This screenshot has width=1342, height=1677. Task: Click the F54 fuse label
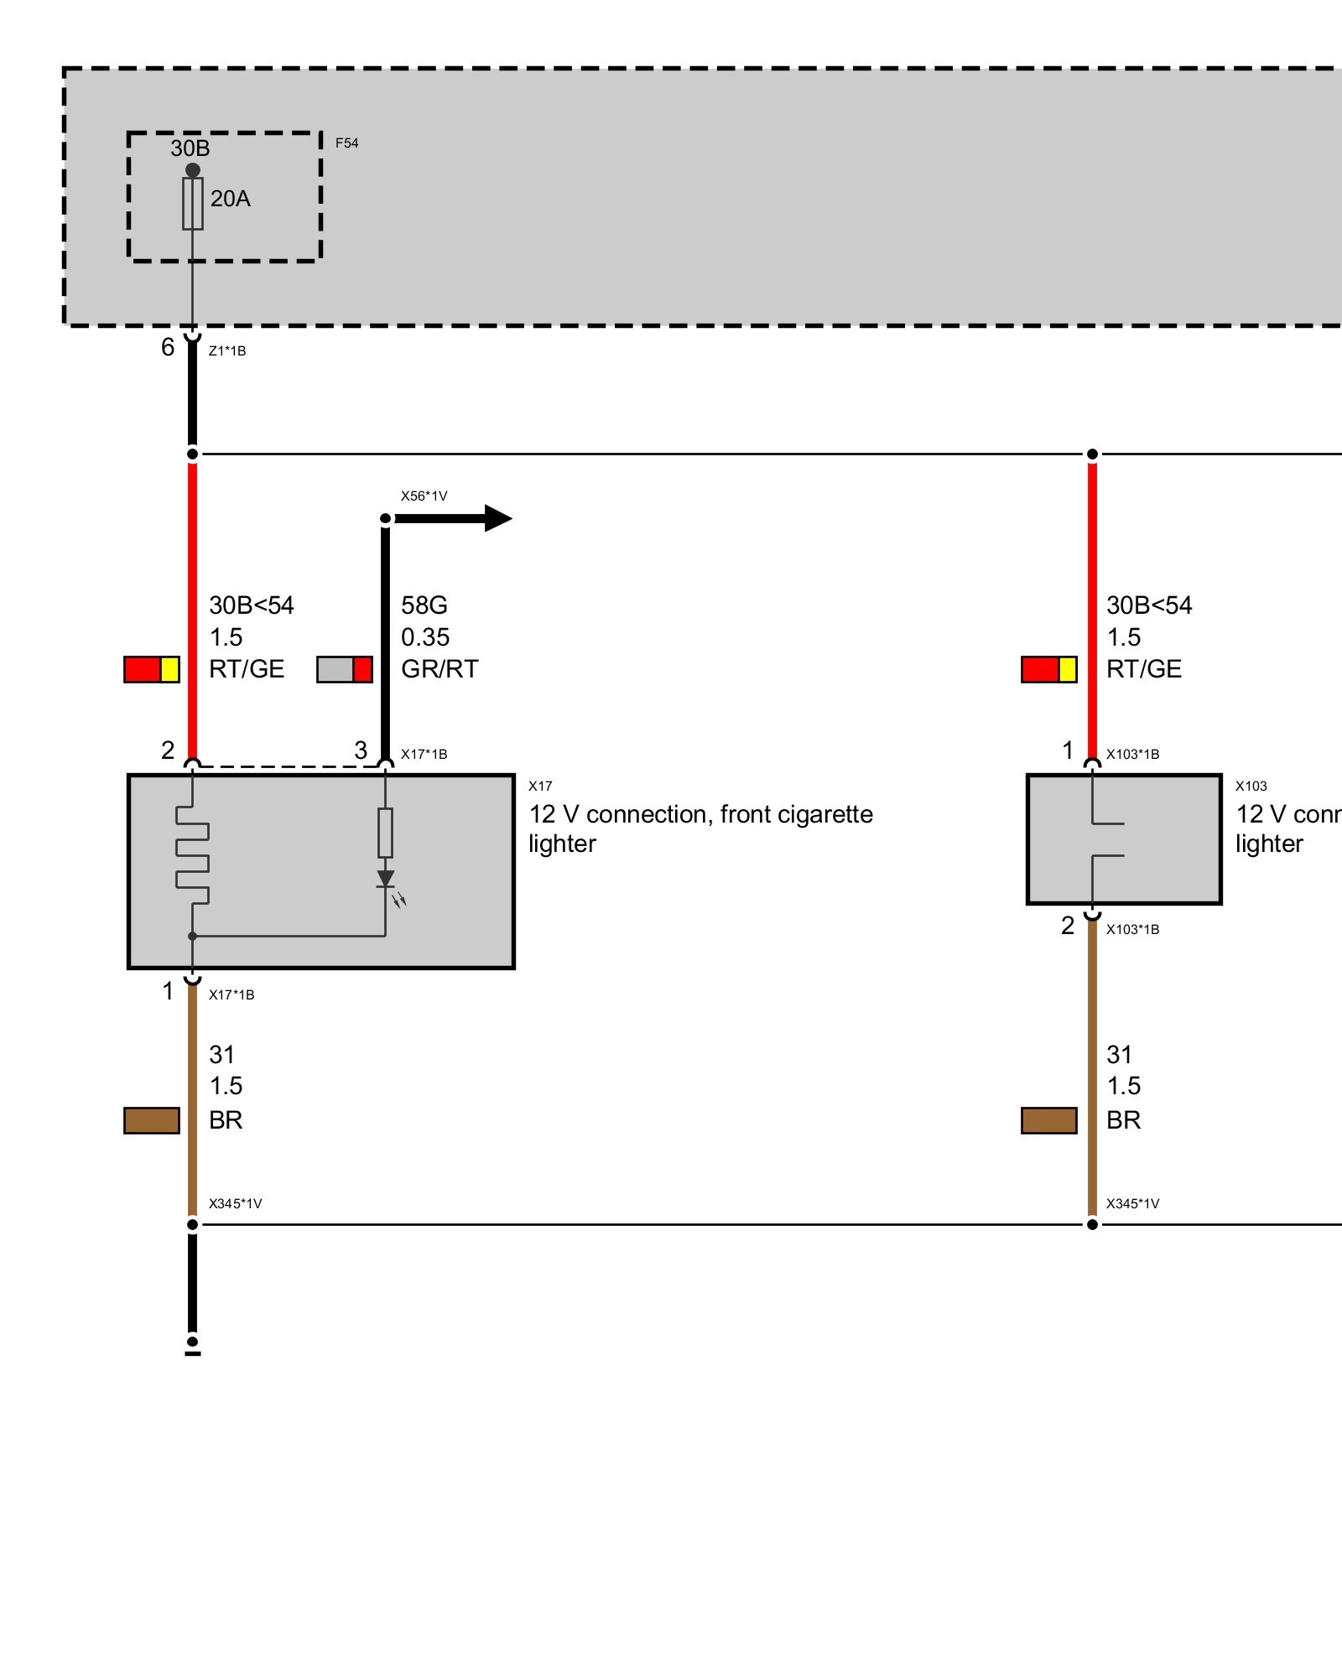(x=346, y=143)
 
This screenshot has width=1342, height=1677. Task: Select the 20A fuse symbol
(x=193, y=203)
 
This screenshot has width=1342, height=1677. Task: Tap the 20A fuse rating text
(x=231, y=199)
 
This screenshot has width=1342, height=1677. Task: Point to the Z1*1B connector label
(x=227, y=351)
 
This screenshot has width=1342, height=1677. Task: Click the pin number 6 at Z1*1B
(x=168, y=347)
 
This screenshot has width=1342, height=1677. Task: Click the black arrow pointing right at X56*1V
(x=495, y=518)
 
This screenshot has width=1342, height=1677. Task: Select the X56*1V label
(x=424, y=496)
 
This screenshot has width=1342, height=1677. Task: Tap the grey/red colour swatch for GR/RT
(x=344, y=669)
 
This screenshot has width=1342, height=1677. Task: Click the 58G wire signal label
(x=424, y=605)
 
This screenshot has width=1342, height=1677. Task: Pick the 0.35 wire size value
(x=425, y=637)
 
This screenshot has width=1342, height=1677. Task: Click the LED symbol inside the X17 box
(x=386, y=880)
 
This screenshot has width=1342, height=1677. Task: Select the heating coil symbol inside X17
(x=193, y=855)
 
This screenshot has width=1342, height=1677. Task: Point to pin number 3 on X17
(x=361, y=750)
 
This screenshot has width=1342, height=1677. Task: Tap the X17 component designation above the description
(x=540, y=787)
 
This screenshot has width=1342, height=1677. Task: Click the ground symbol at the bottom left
(x=193, y=1347)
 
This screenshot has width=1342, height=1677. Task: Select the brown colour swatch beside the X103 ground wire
(x=1048, y=1120)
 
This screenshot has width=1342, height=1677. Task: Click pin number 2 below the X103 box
(x=1068, y=926)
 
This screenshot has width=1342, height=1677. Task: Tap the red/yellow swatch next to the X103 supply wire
(x=1048, y=669)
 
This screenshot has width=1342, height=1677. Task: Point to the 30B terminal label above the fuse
(x=190, y=148)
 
